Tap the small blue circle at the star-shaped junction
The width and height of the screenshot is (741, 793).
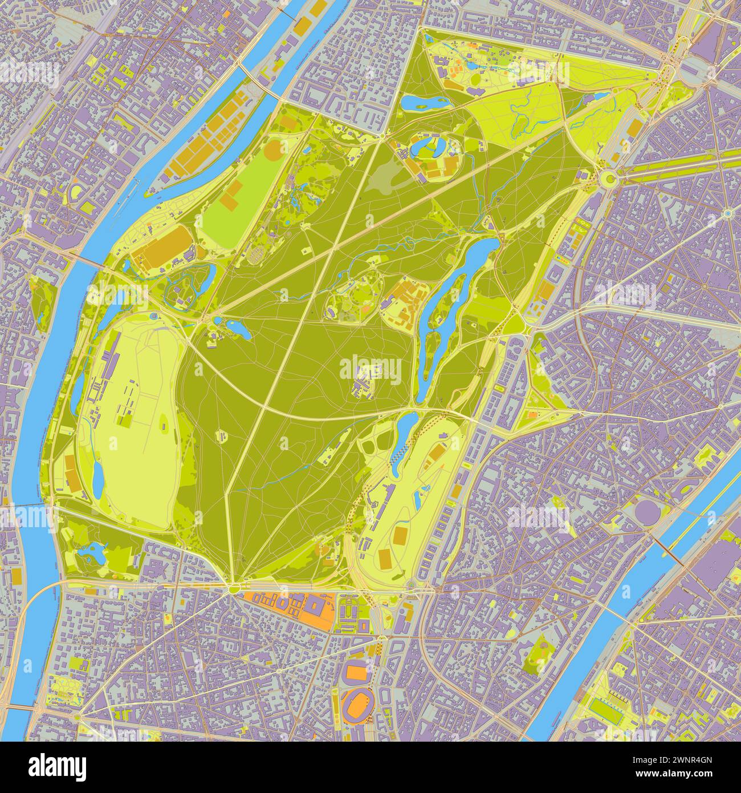[728, 213]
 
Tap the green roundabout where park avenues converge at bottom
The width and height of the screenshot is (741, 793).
[235, 588]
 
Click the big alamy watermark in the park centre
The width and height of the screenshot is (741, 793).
[370, 368]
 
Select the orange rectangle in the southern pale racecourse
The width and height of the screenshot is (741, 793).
[401, 535]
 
